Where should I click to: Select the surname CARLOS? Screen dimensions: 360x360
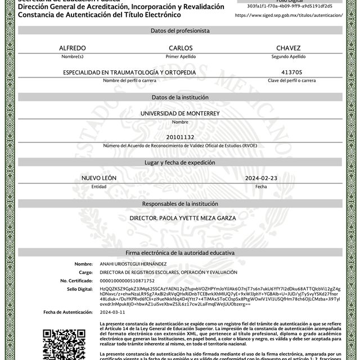pyautogui.click(x=180, y=48)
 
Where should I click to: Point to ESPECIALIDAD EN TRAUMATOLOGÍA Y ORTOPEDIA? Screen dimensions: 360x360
pyautogui.click(x=129, y=73)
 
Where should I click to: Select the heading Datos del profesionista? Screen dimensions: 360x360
pyautogui.click(x=180, y=30)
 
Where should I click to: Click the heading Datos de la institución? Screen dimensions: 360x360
pyautogui.click(x=180, y=97)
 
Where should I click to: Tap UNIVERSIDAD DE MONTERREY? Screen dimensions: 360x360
pyautogui.click(x=180, y=114)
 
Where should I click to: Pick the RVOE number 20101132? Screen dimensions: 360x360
pyautogui.click(x=180, y=137)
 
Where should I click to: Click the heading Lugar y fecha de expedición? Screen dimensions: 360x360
pyautogui.click(x=180, y=163)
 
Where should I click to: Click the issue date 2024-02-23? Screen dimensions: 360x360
pyautogui.click(x=261, y=178)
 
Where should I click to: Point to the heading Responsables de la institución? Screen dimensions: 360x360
pyautogui.click(x=180, y=203)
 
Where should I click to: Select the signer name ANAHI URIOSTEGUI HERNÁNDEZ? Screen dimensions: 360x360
pyautogui.click(x=133, y=264)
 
